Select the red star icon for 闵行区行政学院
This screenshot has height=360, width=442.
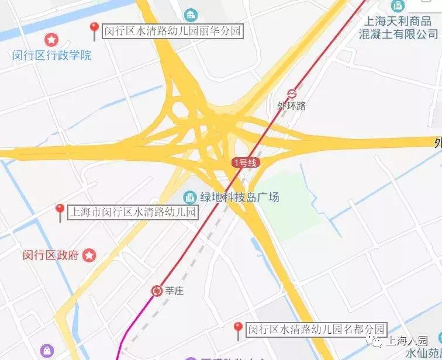[x=52, y=40]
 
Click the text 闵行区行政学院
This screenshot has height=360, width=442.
[x=52, y=56]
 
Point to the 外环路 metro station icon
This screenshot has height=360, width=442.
[x=292, y=94]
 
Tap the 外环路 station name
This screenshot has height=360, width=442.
[x=292, y=106]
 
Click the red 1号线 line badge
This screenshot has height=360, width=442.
[x=244, y=163]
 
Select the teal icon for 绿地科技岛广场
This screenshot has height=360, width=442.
[x=189, y=197]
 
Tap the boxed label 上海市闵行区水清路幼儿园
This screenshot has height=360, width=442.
[x=133, y=212]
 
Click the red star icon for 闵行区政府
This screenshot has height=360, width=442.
[x=89, y=255]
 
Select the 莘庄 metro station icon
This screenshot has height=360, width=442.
[x=156, y=290]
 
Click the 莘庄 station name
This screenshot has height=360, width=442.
[x=175, y=290]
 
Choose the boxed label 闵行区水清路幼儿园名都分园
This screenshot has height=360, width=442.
[x=316, y=330]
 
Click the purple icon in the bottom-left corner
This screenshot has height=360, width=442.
[x=47, y=351]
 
